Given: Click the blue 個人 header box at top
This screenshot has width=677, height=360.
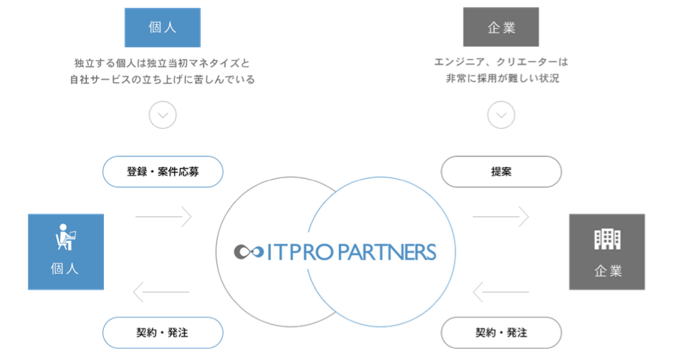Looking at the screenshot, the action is (162, 27).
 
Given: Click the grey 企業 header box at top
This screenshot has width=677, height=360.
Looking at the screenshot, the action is (501, 27).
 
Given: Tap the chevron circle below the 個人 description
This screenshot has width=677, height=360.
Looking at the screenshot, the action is (163, 115).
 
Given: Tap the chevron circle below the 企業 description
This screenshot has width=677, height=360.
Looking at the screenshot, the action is (502, 115).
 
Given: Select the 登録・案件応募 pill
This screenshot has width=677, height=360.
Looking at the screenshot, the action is (163, 172).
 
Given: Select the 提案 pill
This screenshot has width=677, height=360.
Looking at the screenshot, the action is (502, 172).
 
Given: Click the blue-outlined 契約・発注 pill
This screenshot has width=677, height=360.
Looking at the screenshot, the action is (163, 333).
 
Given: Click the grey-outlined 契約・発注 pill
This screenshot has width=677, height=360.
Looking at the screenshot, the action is (502, 333).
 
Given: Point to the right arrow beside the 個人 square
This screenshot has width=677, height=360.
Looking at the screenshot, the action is (163, 216).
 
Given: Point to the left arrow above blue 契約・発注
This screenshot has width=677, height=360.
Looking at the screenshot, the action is (161, 292).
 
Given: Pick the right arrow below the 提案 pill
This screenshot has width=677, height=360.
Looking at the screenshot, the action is (501, 216).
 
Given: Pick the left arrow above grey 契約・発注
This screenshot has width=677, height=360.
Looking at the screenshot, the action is (501, 292).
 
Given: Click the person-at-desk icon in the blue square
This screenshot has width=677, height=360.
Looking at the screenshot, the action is (66, 236).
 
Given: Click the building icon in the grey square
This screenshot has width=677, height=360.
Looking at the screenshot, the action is (607, 239).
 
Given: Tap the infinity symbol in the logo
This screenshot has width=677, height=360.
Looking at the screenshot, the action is (249, 252).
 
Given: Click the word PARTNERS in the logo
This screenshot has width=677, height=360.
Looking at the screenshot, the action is (387, 252).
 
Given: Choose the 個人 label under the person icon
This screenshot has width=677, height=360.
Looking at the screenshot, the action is (65, 269).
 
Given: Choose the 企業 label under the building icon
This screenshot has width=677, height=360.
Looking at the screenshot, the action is (608, 271).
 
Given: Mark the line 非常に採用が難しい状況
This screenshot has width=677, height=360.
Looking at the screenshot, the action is (502, 78).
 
